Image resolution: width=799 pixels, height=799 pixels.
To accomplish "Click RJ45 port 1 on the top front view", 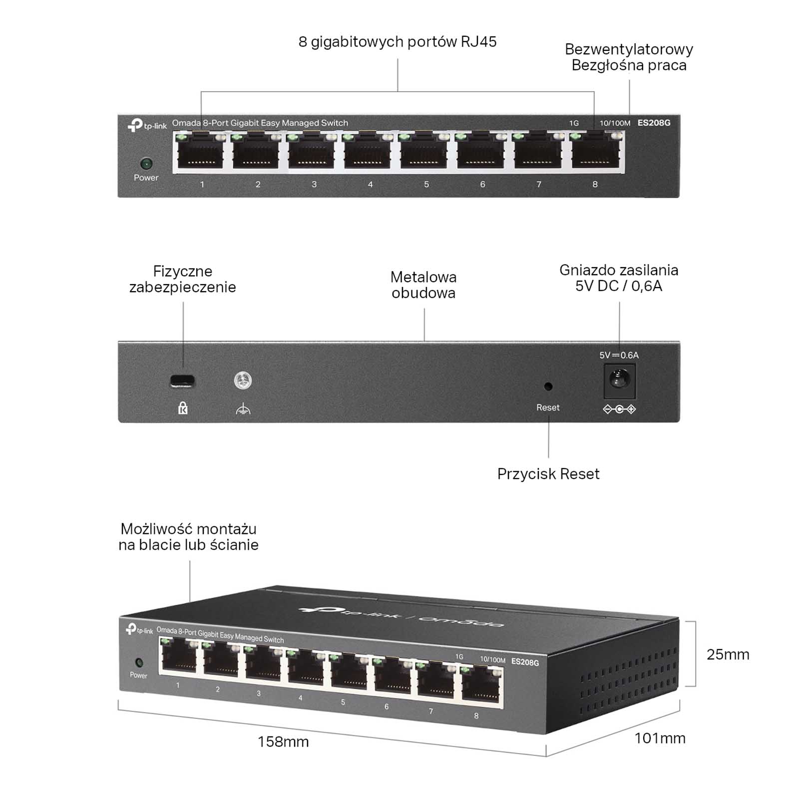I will click(201, 152).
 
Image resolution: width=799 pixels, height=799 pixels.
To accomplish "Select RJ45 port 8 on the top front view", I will click(594, 152).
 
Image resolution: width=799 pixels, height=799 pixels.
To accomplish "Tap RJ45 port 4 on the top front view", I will click(370, 152).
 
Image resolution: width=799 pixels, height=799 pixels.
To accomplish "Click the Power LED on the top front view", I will click(146, 163).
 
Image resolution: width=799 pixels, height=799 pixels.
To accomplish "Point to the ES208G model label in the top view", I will click(654, 123).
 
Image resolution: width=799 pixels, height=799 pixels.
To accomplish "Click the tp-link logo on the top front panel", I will click(147, 125).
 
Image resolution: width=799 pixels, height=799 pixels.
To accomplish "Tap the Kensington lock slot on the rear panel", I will click(182, 381).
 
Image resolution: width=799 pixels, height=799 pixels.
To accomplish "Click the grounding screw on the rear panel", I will click(243, 381).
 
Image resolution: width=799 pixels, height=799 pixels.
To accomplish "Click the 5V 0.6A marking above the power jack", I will click(619, 355).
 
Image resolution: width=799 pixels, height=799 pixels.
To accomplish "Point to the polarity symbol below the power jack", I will click(619, 409).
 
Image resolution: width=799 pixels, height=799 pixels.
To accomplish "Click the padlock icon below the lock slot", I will click(183, 408).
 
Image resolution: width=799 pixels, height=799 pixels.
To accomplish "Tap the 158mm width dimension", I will click(283, 742).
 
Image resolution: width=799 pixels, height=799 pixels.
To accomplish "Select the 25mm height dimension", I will click(728, 654).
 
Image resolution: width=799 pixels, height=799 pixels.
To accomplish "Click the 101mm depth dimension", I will click(660, 738).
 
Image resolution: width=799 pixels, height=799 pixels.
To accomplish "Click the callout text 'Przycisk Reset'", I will click(548, 474).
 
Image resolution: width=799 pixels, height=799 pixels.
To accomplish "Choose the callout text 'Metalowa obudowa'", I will click(423, 285).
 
